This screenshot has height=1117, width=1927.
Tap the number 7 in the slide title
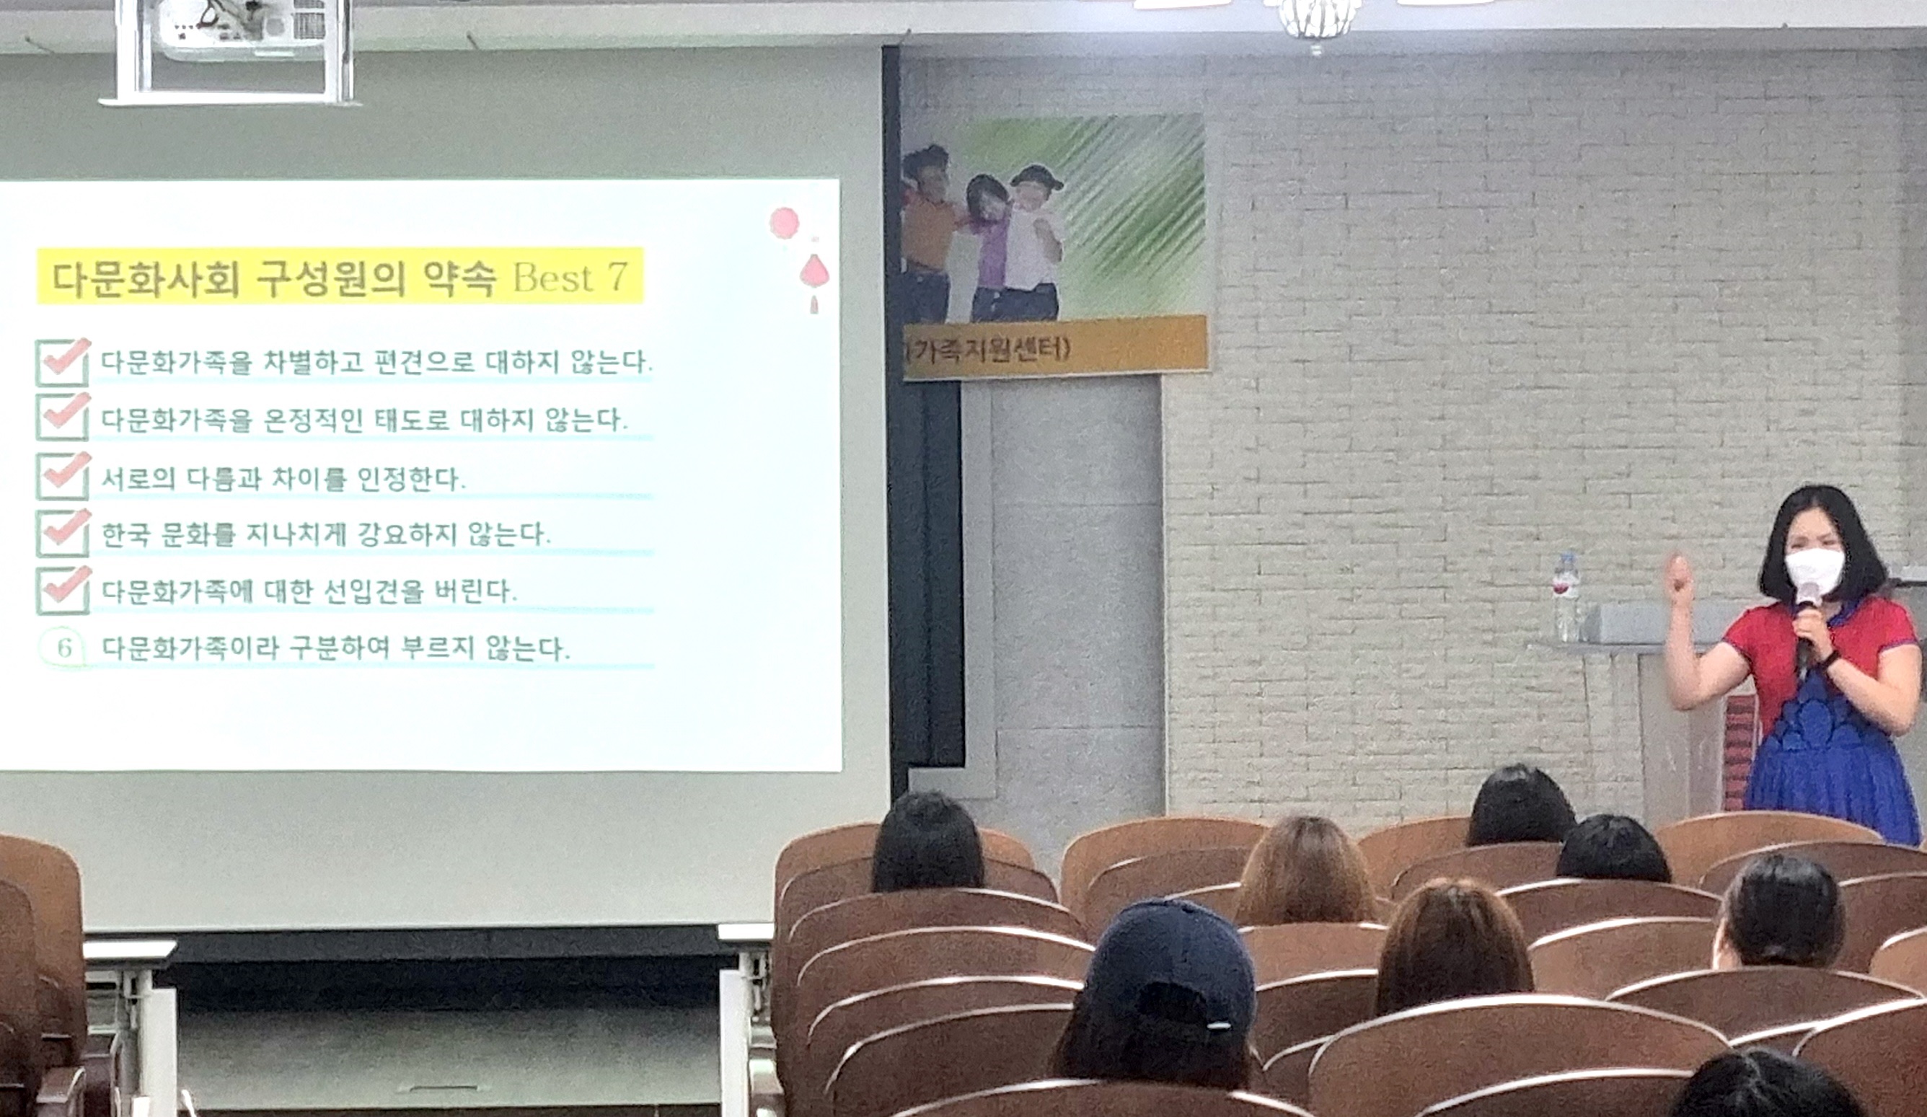click(617, 278)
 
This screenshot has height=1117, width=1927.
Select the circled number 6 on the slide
click(64, 648)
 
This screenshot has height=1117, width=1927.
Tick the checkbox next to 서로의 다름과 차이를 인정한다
click(63, 474)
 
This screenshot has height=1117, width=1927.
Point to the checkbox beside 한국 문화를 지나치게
click(63, 533)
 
